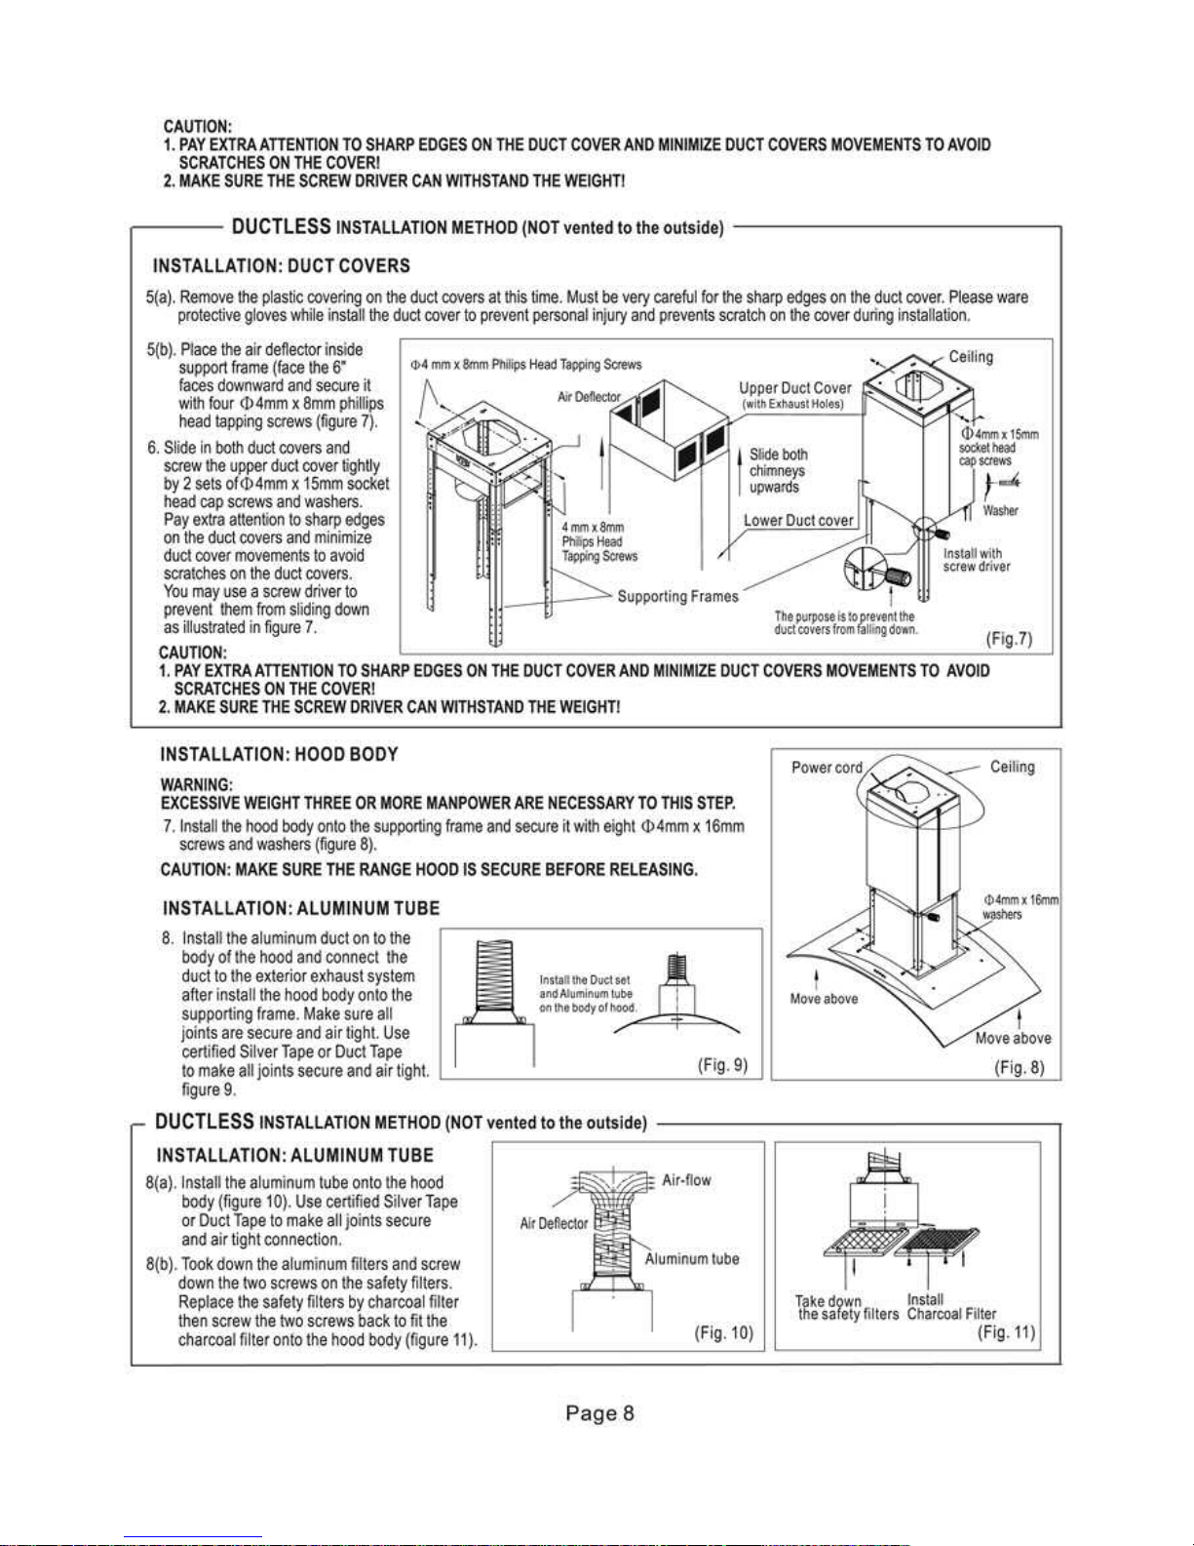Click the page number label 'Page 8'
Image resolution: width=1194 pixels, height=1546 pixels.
click(599, 1427)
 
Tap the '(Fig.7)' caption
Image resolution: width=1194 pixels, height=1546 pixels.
click(1009, 638)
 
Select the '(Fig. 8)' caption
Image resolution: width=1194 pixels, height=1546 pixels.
click(1020, 1068)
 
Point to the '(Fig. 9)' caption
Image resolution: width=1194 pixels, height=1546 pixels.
click(723, 1064)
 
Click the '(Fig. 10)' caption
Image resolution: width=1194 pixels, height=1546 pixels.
click(723, 1331)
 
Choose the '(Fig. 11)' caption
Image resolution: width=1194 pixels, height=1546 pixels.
click(1006, 1331)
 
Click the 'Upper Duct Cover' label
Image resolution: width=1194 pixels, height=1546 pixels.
click(794, 388)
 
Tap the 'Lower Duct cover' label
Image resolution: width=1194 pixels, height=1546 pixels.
click(798, 520)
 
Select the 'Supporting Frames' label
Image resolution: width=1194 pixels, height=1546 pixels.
click(678, 596)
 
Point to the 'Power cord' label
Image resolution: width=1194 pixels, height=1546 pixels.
click(827, 768)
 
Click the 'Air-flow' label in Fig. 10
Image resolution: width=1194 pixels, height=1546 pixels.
click(686, 1179)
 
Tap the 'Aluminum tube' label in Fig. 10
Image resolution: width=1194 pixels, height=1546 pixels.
click(691, 1258)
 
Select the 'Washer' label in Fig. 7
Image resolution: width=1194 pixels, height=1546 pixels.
click(1000, 510)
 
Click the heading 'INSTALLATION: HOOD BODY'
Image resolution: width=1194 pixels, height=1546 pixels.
click(280, 754)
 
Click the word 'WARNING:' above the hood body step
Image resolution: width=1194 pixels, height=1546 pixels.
click(196, 785)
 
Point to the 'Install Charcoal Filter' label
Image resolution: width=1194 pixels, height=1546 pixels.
click(951, 1306)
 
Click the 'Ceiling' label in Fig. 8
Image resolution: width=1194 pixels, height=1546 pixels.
click(1012, 767)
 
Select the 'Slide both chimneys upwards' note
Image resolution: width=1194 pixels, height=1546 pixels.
click(778, 470)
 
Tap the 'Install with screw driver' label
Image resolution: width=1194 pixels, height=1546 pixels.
click(976, 560)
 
